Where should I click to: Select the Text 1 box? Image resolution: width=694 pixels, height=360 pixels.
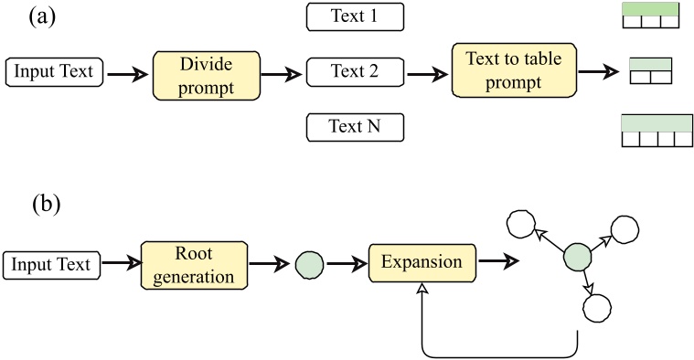click(354, 16)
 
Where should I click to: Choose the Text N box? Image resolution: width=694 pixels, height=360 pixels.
click(354, 127)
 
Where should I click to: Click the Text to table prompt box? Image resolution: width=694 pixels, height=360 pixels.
click(503, 72)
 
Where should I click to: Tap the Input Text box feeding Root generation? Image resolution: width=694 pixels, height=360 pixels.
click(52, 266)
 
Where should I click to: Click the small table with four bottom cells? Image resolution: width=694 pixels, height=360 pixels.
click(656, 132)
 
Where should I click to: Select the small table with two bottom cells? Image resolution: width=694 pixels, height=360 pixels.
click(650, 71)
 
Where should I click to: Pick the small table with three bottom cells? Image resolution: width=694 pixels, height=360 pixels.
click(650, 17)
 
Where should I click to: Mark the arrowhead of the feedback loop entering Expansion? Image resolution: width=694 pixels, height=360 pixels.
click(422, 290)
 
